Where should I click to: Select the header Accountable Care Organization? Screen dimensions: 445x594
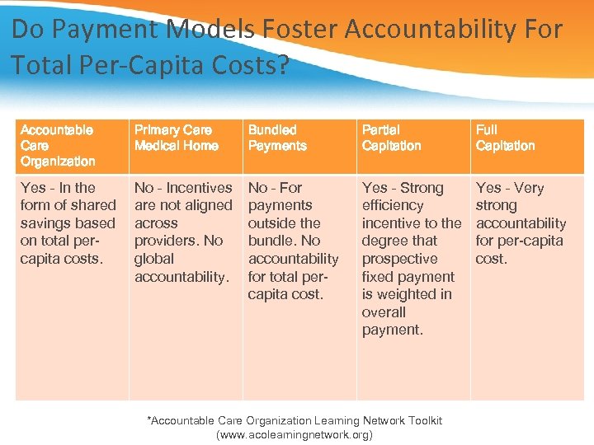(x=58, y=145)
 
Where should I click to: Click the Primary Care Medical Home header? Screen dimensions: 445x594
(x=176, y=138)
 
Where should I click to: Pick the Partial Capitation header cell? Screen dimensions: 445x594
(x=391, y=138)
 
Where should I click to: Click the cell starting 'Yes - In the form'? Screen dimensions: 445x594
(x=68, y=222)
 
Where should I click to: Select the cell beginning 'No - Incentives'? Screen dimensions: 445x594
(x=183, y=232)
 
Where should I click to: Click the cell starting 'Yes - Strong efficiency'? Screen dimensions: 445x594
(x=411, y=258)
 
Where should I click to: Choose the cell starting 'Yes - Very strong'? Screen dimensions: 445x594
(x=521, y=222)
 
